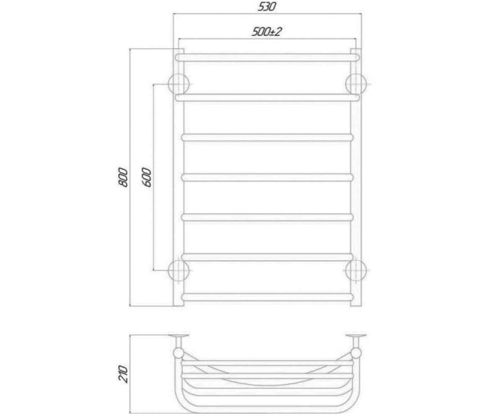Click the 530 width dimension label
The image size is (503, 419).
tap(267, 7)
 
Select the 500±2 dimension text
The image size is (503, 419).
tap(267, 31)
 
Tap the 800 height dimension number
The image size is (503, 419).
tap(123, 177)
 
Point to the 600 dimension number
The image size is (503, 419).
tap(147, 178)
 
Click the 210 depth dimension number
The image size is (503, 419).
tap(123, 374)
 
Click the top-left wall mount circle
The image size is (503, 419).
tap(179, 84)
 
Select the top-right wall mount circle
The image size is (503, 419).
tap(356, 84)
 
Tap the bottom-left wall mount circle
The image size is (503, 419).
tap(179, 271)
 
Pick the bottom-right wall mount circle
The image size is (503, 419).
tap(356, 271)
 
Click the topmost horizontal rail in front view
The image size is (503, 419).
tap(267, 57)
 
